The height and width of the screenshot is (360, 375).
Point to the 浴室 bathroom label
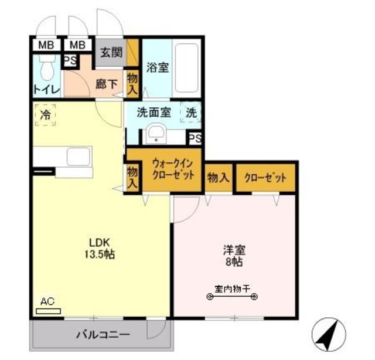tap(158, 67)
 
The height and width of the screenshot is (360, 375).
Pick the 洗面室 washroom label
tap(154, 112)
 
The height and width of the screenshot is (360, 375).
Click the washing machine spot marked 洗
tap(192, 112)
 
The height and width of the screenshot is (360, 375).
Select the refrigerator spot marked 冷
tap(45, 114)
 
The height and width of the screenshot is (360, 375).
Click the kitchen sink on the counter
tap(77, 157)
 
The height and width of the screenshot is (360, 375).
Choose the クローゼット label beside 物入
tap(265, 178)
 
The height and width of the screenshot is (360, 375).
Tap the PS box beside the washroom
tap(195, 139)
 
